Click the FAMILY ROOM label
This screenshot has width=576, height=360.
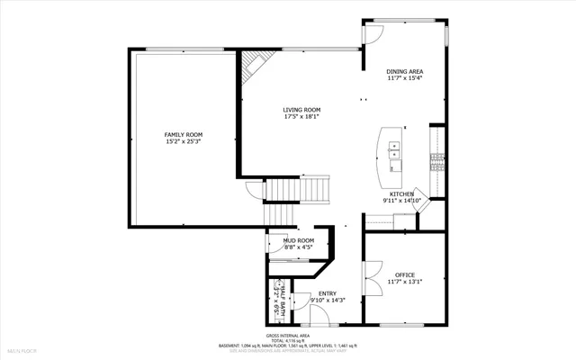(183, 134)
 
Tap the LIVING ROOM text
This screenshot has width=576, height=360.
(301, 110)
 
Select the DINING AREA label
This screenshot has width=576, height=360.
(404, 71)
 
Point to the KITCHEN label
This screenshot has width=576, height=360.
(401, 194)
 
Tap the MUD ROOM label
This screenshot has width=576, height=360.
(298, 240)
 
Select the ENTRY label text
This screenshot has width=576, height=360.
(327, 293)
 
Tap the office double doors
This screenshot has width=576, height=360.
(368, 278)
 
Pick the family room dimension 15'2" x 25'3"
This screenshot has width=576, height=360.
(183, 141)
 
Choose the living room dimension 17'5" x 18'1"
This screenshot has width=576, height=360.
(301, 117)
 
